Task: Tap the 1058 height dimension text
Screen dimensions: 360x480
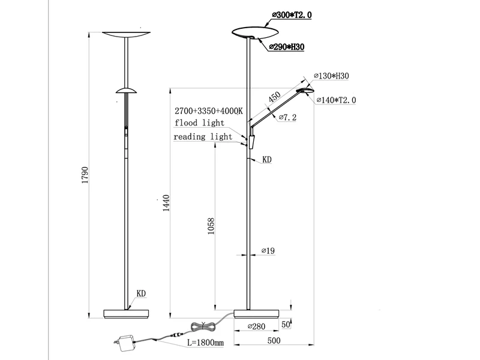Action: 211,226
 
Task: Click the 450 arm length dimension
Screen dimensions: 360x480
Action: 274,98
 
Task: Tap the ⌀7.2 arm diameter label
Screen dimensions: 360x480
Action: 287,118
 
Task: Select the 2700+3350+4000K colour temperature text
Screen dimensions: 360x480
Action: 208,111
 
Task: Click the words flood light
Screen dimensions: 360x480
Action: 200,123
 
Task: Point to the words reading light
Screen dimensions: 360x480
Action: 203,137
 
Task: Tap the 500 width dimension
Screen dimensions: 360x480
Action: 274,341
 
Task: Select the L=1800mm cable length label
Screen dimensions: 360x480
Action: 205,343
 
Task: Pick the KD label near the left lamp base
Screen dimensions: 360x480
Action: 142,294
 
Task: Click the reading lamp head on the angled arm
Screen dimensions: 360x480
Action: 306,91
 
